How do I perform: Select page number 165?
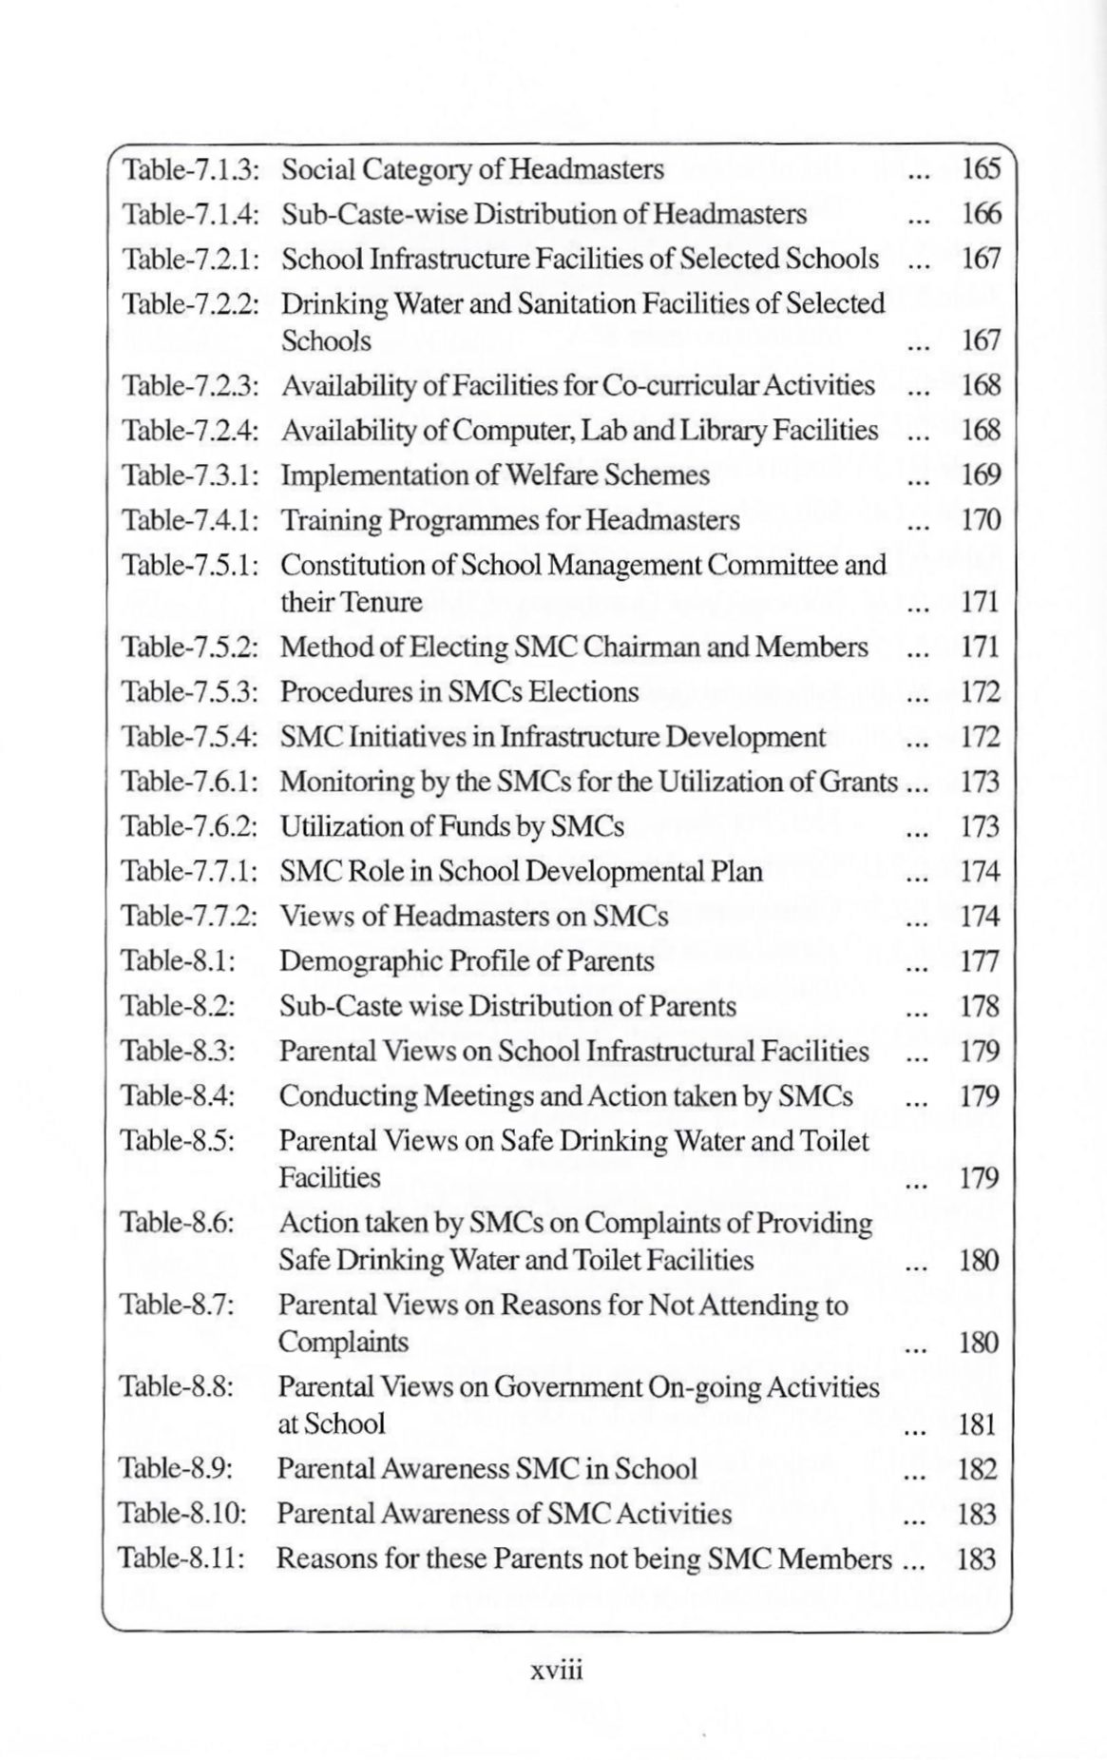(x=981, y=169)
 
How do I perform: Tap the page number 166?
(x=981, y=214)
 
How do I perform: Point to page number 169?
(x=981, y=475)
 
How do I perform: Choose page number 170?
(x=981, y=520)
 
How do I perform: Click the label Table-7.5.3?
(x=189, y=692)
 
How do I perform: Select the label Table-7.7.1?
(x=189, y=872)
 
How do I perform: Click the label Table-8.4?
(x=178, y=1096)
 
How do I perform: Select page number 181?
(x=978, y=1424)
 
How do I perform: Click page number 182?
(x=978, y=1469)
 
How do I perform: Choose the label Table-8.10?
(x=181, y=1514)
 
